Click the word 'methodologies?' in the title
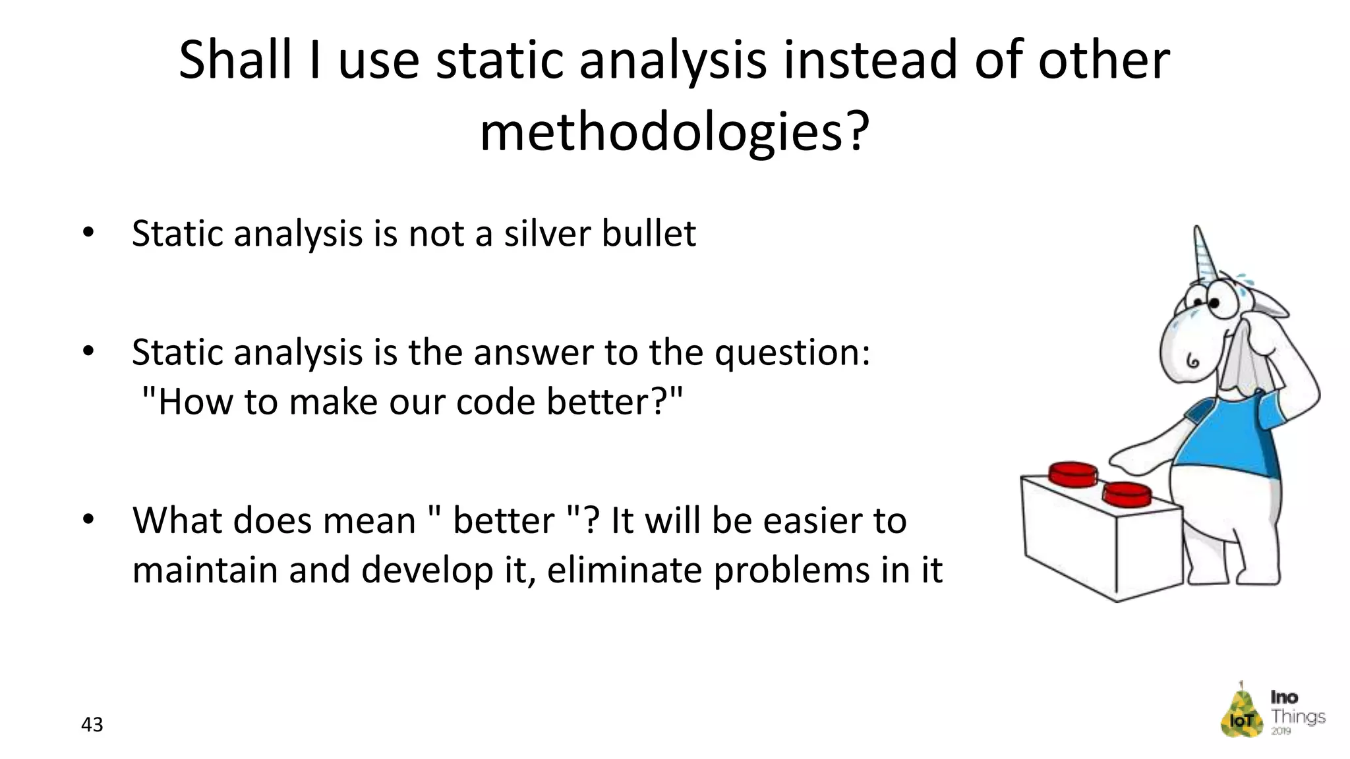(x=674, y=132)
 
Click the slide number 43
(x=92, y=725)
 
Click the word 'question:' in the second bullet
(x=793, y=352)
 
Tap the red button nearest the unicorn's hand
(x=1127, y=493)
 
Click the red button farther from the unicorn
(x=1073, y=474)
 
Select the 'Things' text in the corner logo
(x=1297, y=716)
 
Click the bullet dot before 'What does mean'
(x=88, y=520)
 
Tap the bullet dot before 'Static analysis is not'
(x=88, y=233)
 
